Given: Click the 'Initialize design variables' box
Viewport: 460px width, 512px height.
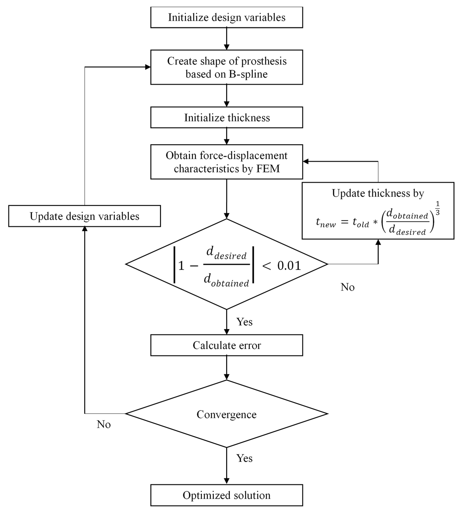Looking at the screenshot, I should tap(227, 17).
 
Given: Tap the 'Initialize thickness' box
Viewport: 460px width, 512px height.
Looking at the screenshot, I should tap(227, 118).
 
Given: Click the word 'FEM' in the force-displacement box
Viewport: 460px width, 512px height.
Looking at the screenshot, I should tap(268, 169).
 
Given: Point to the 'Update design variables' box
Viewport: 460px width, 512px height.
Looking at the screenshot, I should tap(84, 216).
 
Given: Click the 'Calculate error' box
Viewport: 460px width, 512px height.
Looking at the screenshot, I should tap(227, 345).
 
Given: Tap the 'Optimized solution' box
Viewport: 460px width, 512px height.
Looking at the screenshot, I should tap(227, 495).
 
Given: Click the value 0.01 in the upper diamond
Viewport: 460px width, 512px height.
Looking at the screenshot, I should tap(289, 266).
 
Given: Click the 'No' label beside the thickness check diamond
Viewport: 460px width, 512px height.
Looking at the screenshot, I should tap(347, 287).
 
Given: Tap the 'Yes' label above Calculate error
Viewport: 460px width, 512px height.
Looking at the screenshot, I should tap(244, 322).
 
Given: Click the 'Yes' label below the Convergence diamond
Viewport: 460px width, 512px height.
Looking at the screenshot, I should tap(244, 458).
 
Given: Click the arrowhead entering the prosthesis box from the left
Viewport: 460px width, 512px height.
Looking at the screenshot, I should tap(148, 67).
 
